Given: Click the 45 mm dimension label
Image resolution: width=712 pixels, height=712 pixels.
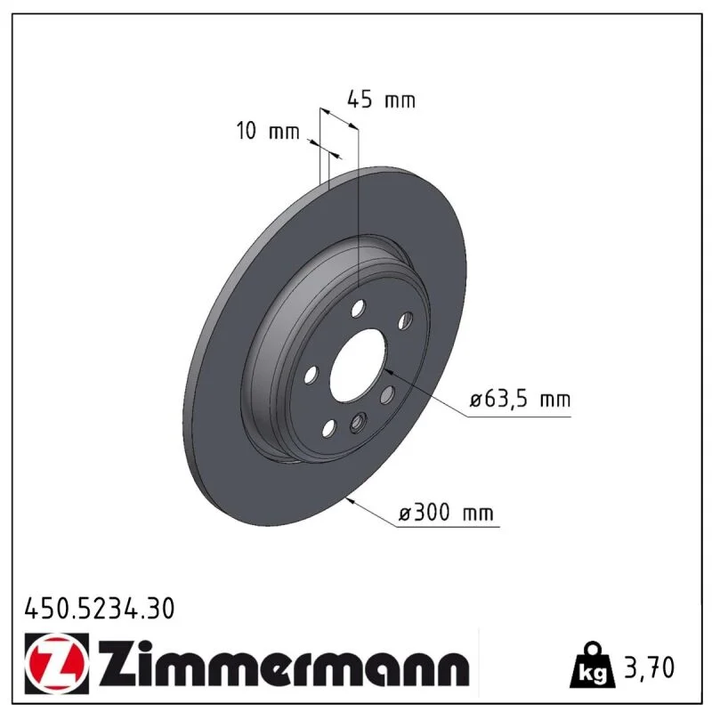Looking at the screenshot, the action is tap(382, 100).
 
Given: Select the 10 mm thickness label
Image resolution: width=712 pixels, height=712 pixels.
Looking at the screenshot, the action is tap(268, 131).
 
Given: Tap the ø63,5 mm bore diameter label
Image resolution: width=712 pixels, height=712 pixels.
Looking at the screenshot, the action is tap(521, 400).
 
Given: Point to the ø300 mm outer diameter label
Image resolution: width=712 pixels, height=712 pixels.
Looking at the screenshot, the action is tap(446, 514).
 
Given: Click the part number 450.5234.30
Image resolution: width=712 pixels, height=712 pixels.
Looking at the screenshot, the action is tap(100, 609).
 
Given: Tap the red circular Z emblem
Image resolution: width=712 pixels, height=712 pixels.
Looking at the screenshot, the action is tap(56, 663).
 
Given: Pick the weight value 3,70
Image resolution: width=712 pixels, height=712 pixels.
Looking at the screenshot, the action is tap(650, 667).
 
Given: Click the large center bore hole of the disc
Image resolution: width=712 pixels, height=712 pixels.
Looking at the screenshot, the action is tap(359, 365).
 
